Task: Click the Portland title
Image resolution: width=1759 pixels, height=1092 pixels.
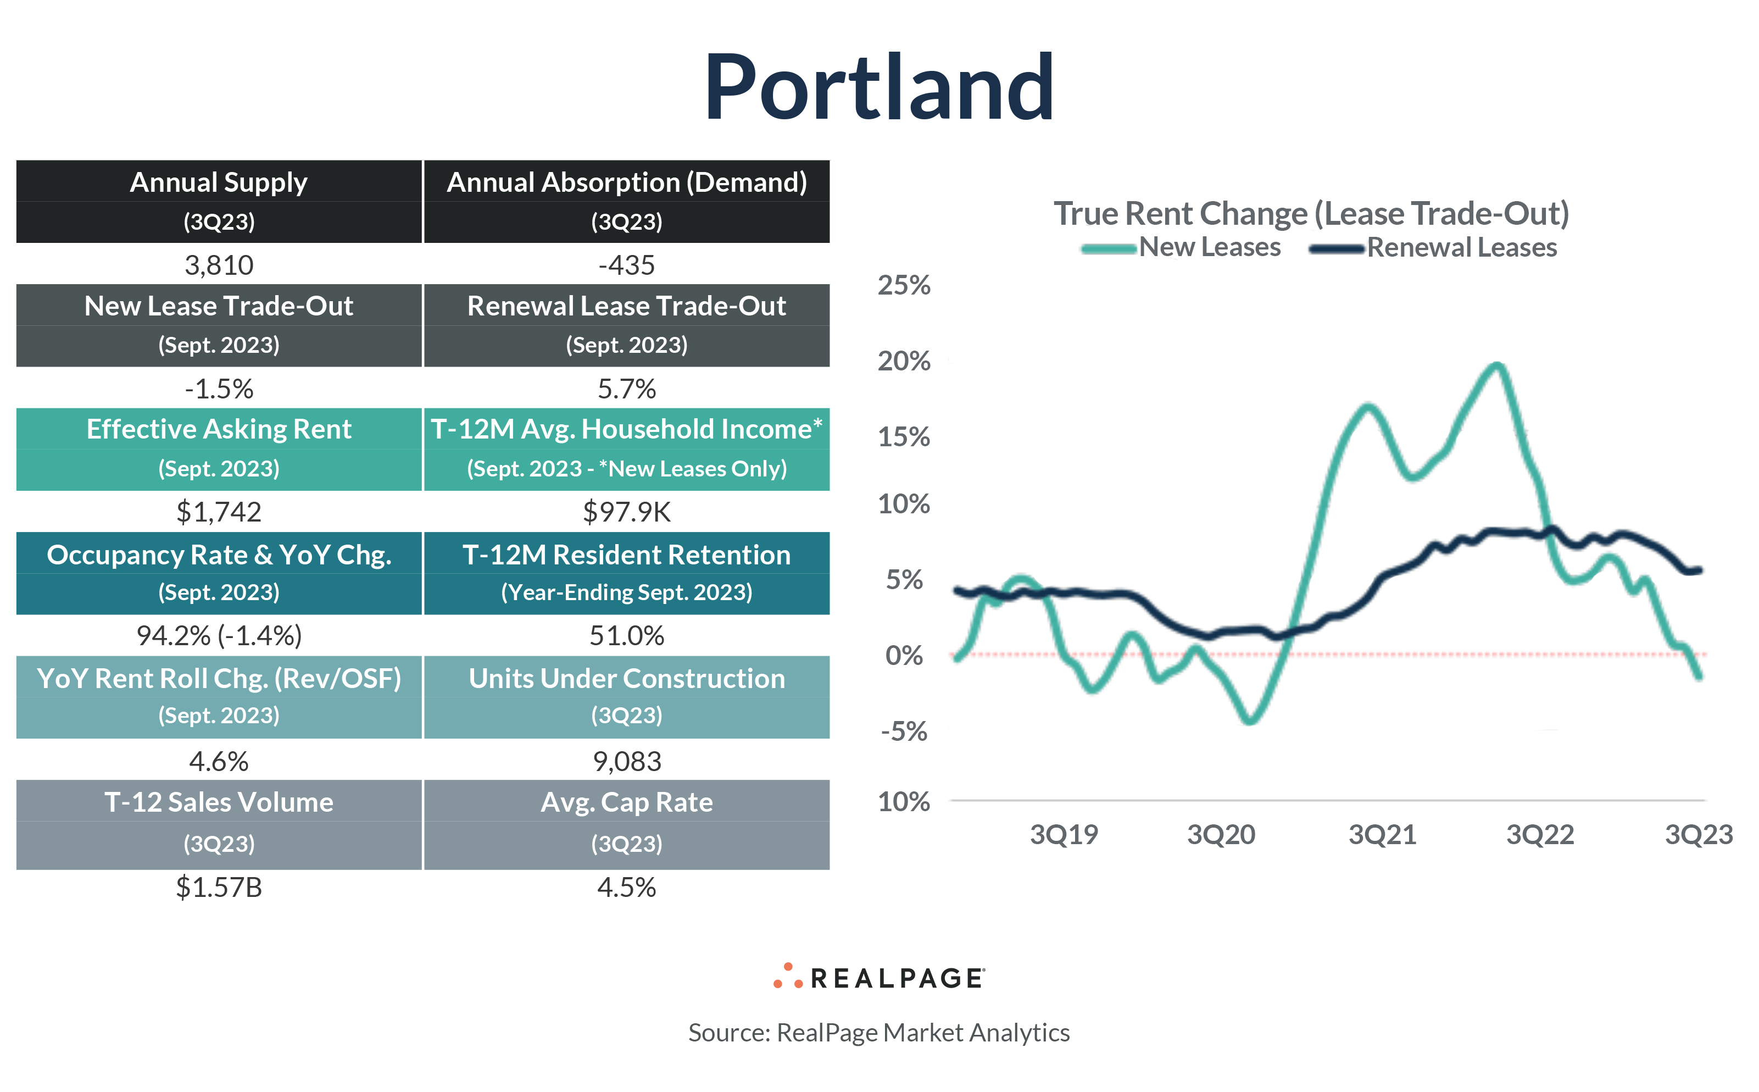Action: click(879, 88)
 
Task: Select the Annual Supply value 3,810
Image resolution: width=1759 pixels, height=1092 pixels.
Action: click(219, 265)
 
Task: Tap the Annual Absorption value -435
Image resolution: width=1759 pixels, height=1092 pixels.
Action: click(626, 265)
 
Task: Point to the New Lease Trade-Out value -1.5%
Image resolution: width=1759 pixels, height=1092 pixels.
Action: click(219, 389)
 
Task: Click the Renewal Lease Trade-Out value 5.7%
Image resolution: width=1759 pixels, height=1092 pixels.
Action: click(626, 389)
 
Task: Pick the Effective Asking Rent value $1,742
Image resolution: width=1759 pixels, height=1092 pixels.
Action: click(219, 512)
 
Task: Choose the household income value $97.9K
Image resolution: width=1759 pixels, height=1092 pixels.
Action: click(626, 512)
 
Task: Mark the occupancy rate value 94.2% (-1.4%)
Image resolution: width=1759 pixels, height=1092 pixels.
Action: click(219, 635)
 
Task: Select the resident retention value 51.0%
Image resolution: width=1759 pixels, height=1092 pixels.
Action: click(626, 635)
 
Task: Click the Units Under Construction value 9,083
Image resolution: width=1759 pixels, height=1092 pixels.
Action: click(626, 761)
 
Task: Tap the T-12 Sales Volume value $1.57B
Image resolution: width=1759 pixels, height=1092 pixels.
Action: click(219, 887)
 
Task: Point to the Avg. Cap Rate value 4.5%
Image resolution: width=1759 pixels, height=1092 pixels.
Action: click(626, 887)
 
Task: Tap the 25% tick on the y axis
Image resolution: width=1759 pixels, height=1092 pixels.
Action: click(904, 285)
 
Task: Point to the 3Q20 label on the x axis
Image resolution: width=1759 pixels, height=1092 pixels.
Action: click(1221, 835)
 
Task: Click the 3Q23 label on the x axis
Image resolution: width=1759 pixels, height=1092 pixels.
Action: click(1699, 835)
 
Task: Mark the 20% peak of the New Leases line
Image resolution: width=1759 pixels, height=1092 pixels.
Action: click(1498, 365)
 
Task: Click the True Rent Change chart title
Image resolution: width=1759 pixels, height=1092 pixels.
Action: click(1311, 213)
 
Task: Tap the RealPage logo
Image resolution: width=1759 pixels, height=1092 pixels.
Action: click(879, 977)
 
